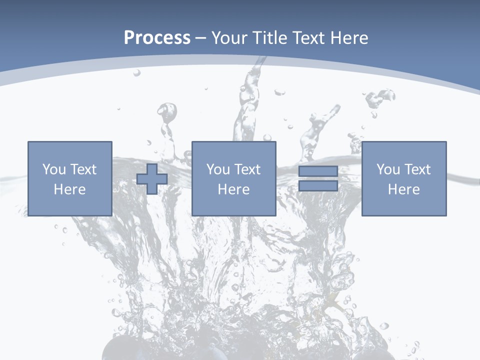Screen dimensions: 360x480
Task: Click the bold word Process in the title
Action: point(157,38)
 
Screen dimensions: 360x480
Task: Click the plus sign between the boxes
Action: point(152,179)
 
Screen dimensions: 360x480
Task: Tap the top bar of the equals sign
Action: point(318,171)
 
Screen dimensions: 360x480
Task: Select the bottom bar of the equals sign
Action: point(318,185)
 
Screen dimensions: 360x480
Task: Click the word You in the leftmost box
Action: point(53,169)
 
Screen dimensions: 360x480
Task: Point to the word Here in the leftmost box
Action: point(69,189)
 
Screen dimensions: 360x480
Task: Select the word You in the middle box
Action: point(217,169)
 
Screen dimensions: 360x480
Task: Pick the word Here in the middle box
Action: point(233,189)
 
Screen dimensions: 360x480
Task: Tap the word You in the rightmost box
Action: point(387,169)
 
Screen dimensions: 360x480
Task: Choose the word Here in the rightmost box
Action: point(403,189)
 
